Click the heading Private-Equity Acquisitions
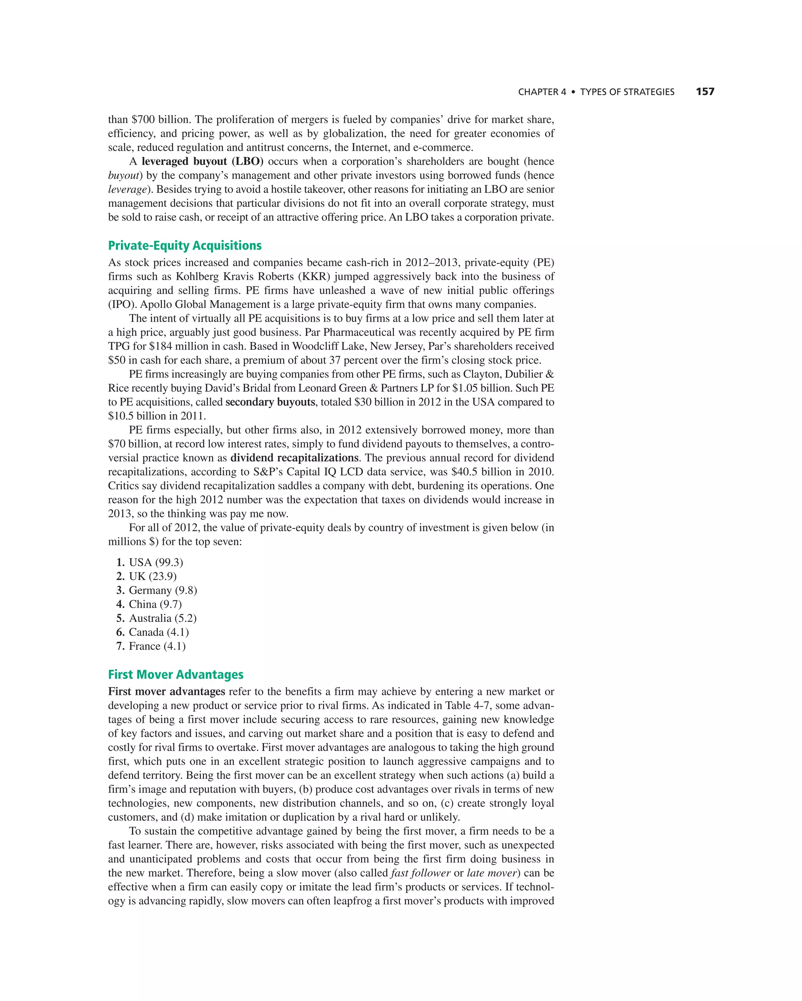[185, 245]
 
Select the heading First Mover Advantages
[175, 674]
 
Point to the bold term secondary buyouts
[270, 402]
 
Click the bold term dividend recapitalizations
[294, 457]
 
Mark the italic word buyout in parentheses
[124, 175]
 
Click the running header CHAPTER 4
[542, 92]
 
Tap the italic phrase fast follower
[420, 872]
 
